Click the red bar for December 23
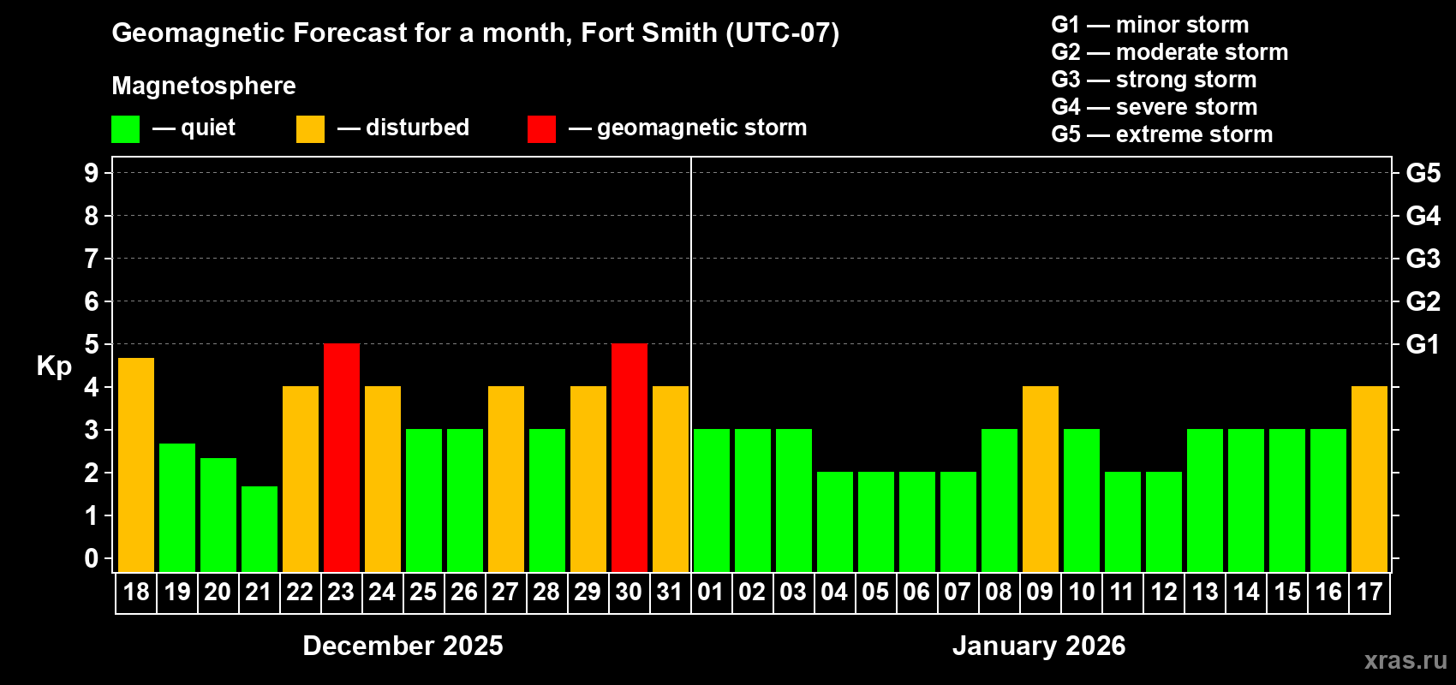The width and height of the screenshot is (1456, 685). click(342, 457)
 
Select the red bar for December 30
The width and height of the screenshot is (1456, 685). click(630, 457)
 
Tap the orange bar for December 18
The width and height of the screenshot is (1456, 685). click(136, 465)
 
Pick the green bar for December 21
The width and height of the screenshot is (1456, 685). click(260, 528)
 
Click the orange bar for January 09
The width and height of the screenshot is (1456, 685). click(1041, 479)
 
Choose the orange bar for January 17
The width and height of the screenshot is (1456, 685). click(1369, 479)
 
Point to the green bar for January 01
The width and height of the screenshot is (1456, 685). click(712, 500)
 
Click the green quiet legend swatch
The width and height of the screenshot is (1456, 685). click(126, 129)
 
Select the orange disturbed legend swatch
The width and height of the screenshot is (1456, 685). click(310, 129)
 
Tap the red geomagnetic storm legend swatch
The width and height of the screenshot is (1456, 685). click(541, 129)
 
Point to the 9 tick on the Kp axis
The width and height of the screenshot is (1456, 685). click(92, 173)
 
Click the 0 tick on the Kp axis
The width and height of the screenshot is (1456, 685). click(92, 558)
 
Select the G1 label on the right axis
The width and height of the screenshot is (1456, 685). click(1423, 344)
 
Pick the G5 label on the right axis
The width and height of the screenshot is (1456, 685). click(1423, 173)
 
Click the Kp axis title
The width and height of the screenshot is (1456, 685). click(54, 366)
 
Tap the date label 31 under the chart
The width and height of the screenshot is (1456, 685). click(670, 592)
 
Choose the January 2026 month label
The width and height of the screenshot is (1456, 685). click(1039, 646)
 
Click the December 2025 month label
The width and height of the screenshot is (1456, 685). click(403, 646)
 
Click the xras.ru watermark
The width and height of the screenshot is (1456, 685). click(1405, 660)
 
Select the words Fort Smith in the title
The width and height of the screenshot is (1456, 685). click(648, 33)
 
